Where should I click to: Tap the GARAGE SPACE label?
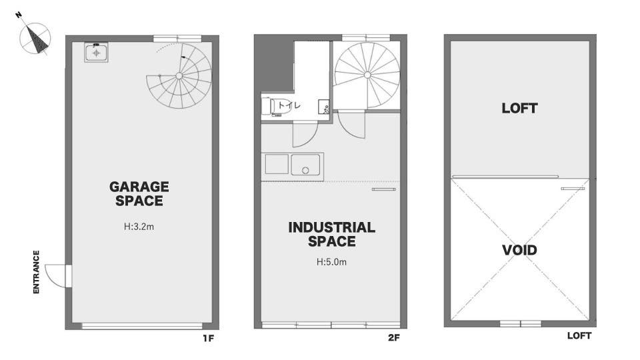pyautogui.click(x=139, y=193)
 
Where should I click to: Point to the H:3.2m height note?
pyautogui.click(x=139, y=227)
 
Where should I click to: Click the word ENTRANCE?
pyautogui.click(x=36, y=272)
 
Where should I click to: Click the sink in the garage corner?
pyautogui.click(x=96, y=53)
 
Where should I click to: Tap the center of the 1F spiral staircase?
pyautogui.click(x=179, y=75)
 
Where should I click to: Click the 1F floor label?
pyautogui.click(x=208, y=338)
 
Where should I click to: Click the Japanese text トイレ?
pyautogui.click(x=289, y=105)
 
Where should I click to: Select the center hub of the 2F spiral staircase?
pyautogui.click(x=367, y=75)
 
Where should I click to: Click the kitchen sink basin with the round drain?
pyautogui.click(x=305, y=165)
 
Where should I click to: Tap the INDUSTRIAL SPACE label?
pyautogui.click(x=331, y=234)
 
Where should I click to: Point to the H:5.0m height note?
pyautogui.click(x=331, y=262)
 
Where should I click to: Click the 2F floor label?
pyautogui.click(x=394, y=338)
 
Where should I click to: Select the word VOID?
pyautogui.click(x=519, y=250)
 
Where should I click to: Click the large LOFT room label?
pyautogui.click(x=519, y=108)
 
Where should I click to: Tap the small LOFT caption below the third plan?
pyautogui.click(x=579, y=335)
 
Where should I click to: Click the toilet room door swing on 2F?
pyautogui.click(x=305, y=135)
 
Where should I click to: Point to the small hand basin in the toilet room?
pyautogui.click(x=324, y=107)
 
